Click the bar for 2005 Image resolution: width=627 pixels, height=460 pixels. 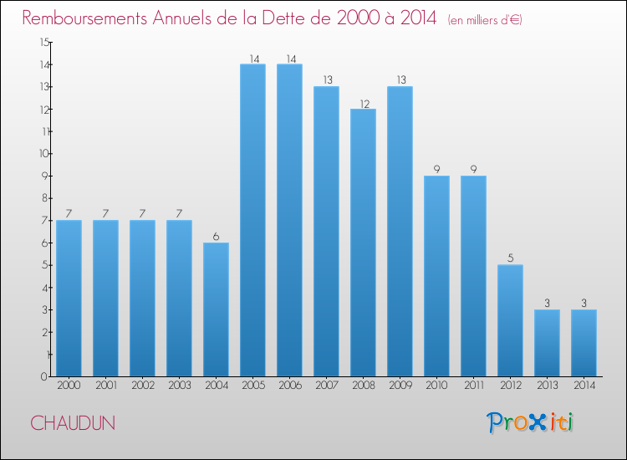(x=252, y=220)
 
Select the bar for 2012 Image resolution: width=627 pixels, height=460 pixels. (x=510, y=320)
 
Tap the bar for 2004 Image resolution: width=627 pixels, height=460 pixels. (x=216, y=309)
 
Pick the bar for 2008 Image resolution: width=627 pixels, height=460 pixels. (x=363, y=243)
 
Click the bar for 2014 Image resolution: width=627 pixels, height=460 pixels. (x=584, y=343)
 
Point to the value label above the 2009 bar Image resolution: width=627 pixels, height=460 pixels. (x=400, y=80)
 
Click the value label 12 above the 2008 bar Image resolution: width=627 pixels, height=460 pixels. (x=363, y=103)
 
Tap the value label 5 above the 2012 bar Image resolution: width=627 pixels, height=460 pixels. (x=510, y=258)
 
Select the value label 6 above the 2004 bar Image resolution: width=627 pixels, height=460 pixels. (x=216, y=237)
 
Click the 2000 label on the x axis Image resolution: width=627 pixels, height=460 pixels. (x=69, y=386)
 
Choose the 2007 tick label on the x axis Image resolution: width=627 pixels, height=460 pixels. (x=326, y=386)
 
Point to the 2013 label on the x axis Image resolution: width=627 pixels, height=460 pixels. (x=547, y=386)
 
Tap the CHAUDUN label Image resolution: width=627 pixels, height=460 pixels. (x=73, y=423)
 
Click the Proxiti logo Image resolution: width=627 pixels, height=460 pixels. (x=530, y=422)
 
